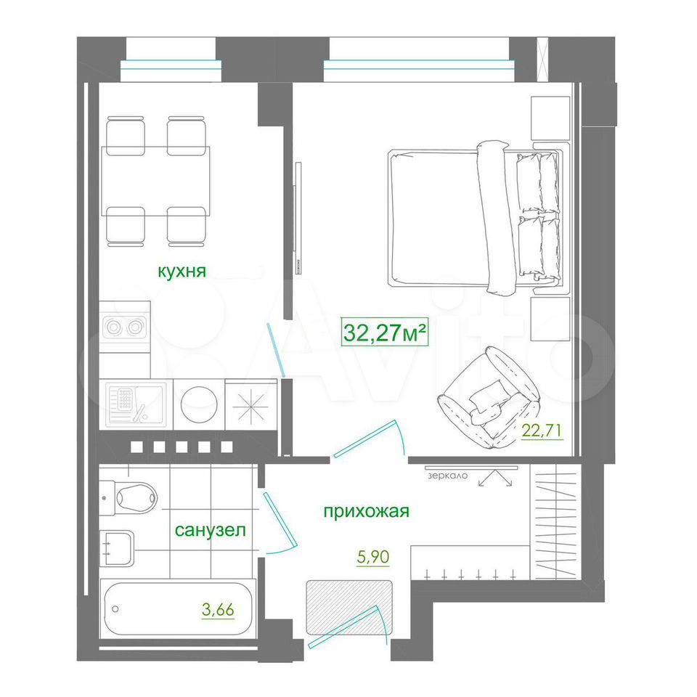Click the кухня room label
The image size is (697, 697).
[x=182, y=271]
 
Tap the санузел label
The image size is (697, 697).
[x=211, y=530]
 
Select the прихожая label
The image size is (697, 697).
[x=366, y=512]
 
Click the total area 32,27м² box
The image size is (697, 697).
[x=385, y=332]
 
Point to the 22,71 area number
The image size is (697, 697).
[x=542, y=431]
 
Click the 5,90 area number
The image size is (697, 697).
[x=373, y=557]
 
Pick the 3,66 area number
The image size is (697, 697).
[x=218, y=610]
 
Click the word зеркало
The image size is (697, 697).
[x=448, y=476]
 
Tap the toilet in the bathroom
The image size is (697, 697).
[x=129, y=497]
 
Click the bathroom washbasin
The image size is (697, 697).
[x=116, y=548]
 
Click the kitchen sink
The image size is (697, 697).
[x=136, y=404]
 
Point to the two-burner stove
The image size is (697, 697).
[x=124, y=327]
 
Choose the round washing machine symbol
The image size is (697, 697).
[x=199, y=404]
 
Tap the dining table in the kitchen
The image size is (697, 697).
[x=155, y=181]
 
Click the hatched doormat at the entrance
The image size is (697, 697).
[x=349, y=608]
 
